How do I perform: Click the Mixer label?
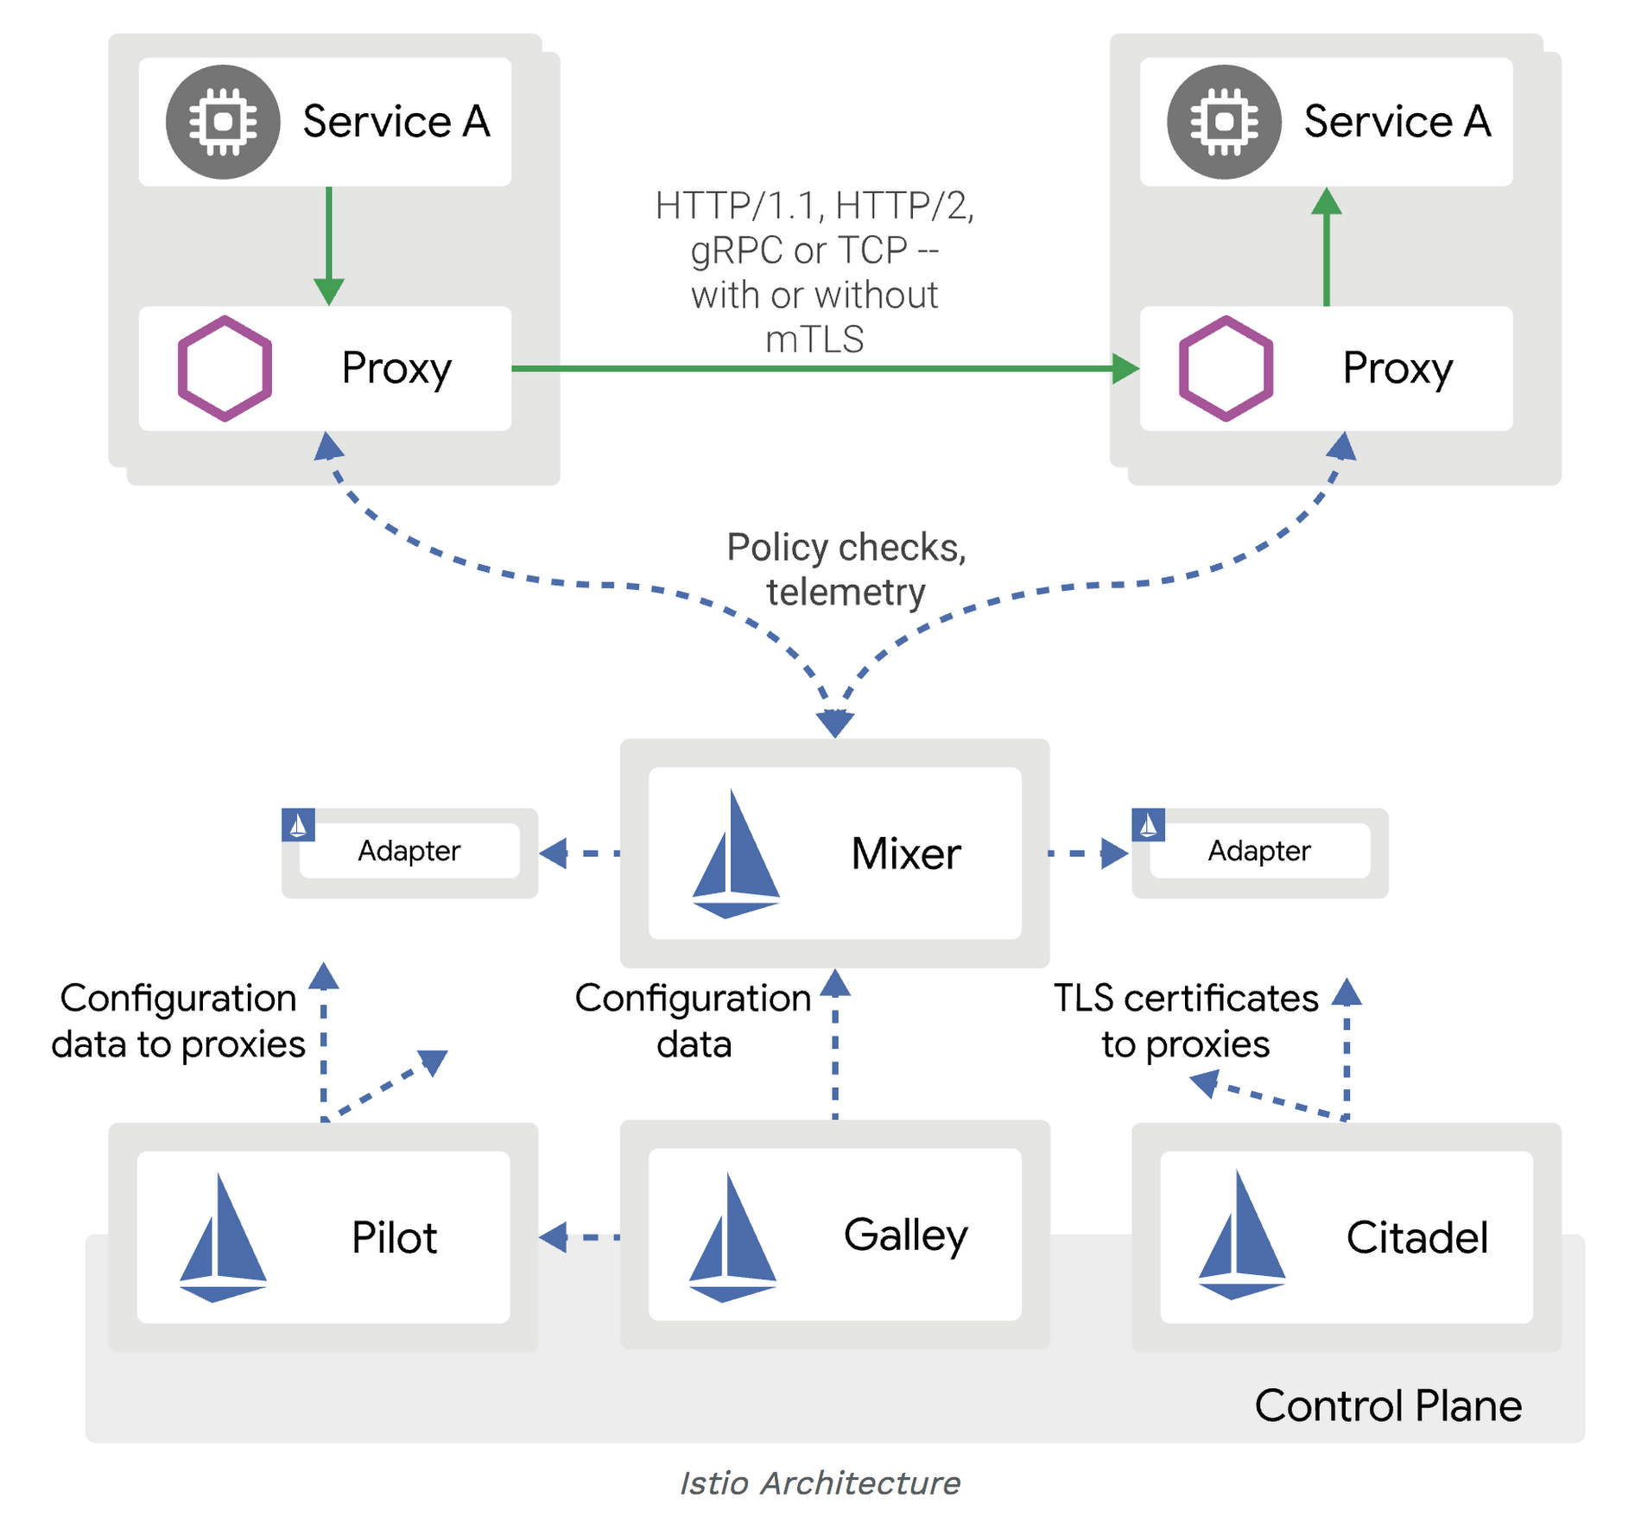pyautogui.click(x=905, y=854)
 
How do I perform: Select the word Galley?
pyautogui.click(x=905, y=1235)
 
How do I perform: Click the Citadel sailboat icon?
pyautogui.click(x=1242, y=1235)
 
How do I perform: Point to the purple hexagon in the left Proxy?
pyautogui.click(x=225, y=369)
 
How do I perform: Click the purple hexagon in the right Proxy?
pyautogui.click(x=1226, y=369)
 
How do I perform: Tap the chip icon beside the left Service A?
pyautogui.click(x=223, y=122)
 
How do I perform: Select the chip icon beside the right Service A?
pyautogui.click(x=1224, y=122)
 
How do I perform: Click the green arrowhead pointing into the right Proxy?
pyautogui.click(x=1125, y=369)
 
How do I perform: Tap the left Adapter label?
pyautogui.click(x=409, y=852)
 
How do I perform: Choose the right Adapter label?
pyautogui.click(x=1258, y=852)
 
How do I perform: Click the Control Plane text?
pyautogui.click(x=1387, y=1406)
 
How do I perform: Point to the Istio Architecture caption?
pyautogui.click(x=820, y=1483)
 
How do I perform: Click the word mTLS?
pyautogui.click(x=814, y=340)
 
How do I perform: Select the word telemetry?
pyautogui.click(x=846, y=593)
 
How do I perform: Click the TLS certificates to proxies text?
pyautogui.click(x=1185, y=1021)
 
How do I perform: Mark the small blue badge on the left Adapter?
pyautogui.click(x=298, y=825)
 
